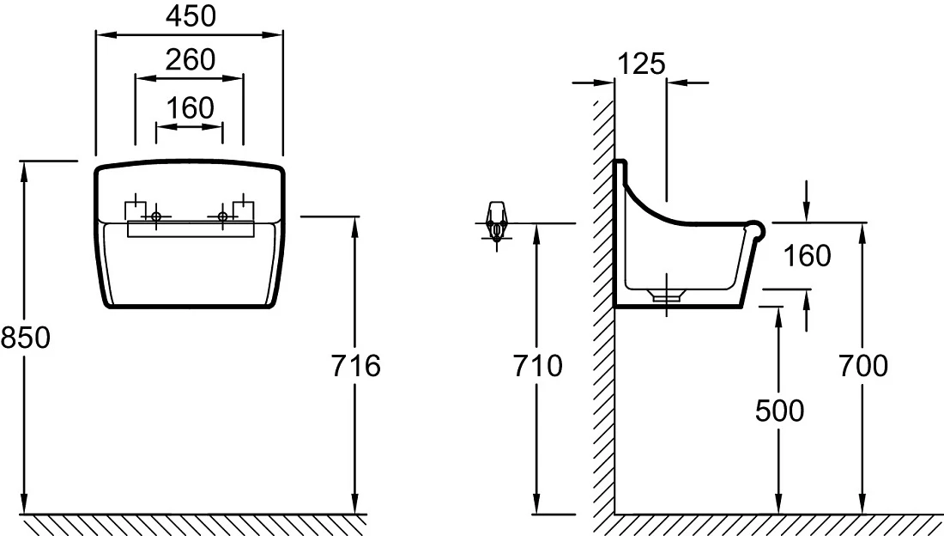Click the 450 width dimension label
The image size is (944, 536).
point(191,16)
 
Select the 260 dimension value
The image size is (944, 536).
point(191,59)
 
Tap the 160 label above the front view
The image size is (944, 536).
point(191,108)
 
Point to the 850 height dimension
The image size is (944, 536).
point(25,337)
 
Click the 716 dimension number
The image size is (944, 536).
point(356,365)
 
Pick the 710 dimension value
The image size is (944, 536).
point(537,365)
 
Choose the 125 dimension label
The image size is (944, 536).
point(641,64)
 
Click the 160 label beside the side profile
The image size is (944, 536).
point(807,256)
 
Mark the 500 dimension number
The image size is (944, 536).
point(779,411)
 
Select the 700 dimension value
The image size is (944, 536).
point(863,365)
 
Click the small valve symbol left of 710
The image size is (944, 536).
point(496,223)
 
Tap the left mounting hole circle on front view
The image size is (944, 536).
point(156,216)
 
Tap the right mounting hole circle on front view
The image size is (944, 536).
point(223,216)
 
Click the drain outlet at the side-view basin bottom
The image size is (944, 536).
point(667,295)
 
